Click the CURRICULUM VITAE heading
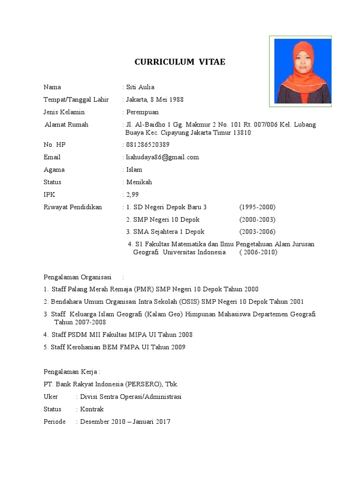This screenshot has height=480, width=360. tap(180, 62)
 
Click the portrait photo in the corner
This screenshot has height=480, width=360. tap(303, 71)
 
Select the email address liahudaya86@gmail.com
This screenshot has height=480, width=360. tap(163, 157)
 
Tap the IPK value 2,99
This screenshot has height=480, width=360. tap(132, 195)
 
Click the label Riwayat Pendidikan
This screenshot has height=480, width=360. tap(73, 207)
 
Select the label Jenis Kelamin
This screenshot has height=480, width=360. tap(64, 112)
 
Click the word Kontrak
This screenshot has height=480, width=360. tap(92, 409)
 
